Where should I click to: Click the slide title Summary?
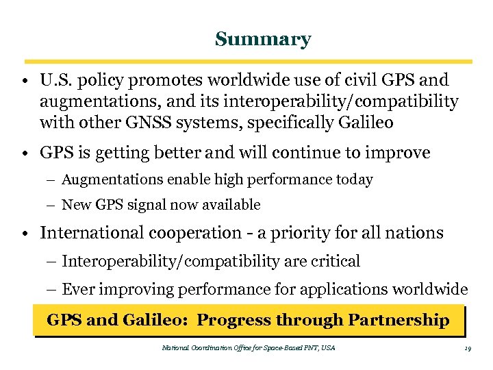pyautogui.click(x=262, y=40)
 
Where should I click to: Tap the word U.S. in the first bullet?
pyautogui.click(x=55, y=81)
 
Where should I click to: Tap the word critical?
pyautogui.click(x=335, y=261)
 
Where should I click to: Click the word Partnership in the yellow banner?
pyautogui.click(x=399, y=320)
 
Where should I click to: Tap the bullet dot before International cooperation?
pyautogui.click(x=24, y=234)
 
